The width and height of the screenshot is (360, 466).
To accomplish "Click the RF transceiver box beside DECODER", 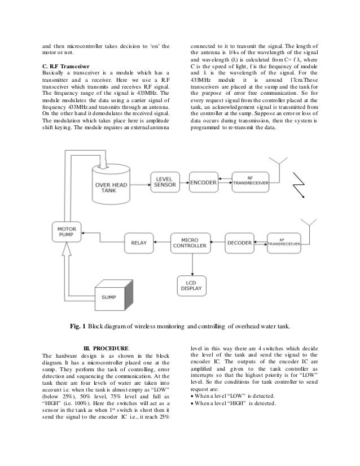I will [286, 243].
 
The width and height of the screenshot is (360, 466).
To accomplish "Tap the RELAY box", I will [138, 243].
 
